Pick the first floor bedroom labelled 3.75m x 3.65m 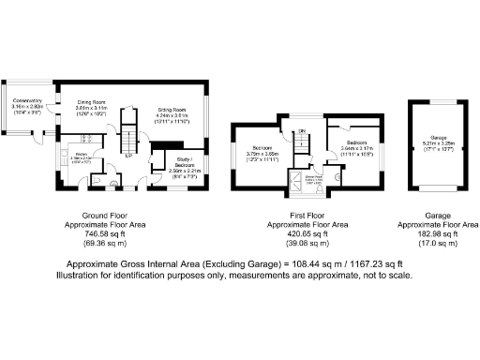coord(263,149)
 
